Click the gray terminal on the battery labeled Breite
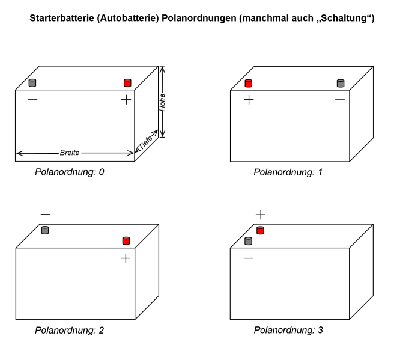point(33,82)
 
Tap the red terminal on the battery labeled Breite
point(127,82)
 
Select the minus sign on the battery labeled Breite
point(32,100)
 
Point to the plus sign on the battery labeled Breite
point(126,100)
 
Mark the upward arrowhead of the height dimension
point(162,71)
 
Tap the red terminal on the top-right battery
point(248,82)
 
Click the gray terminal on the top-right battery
point(341,82)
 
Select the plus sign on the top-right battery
point(248,100)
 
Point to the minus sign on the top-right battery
point(340,100)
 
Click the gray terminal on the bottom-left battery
point(45,230)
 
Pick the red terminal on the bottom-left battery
point(126,240)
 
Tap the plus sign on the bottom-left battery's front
point(126,258)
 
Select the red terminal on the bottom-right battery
point(261,230)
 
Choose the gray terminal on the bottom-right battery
point(248,241)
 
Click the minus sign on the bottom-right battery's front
point(248,258)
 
